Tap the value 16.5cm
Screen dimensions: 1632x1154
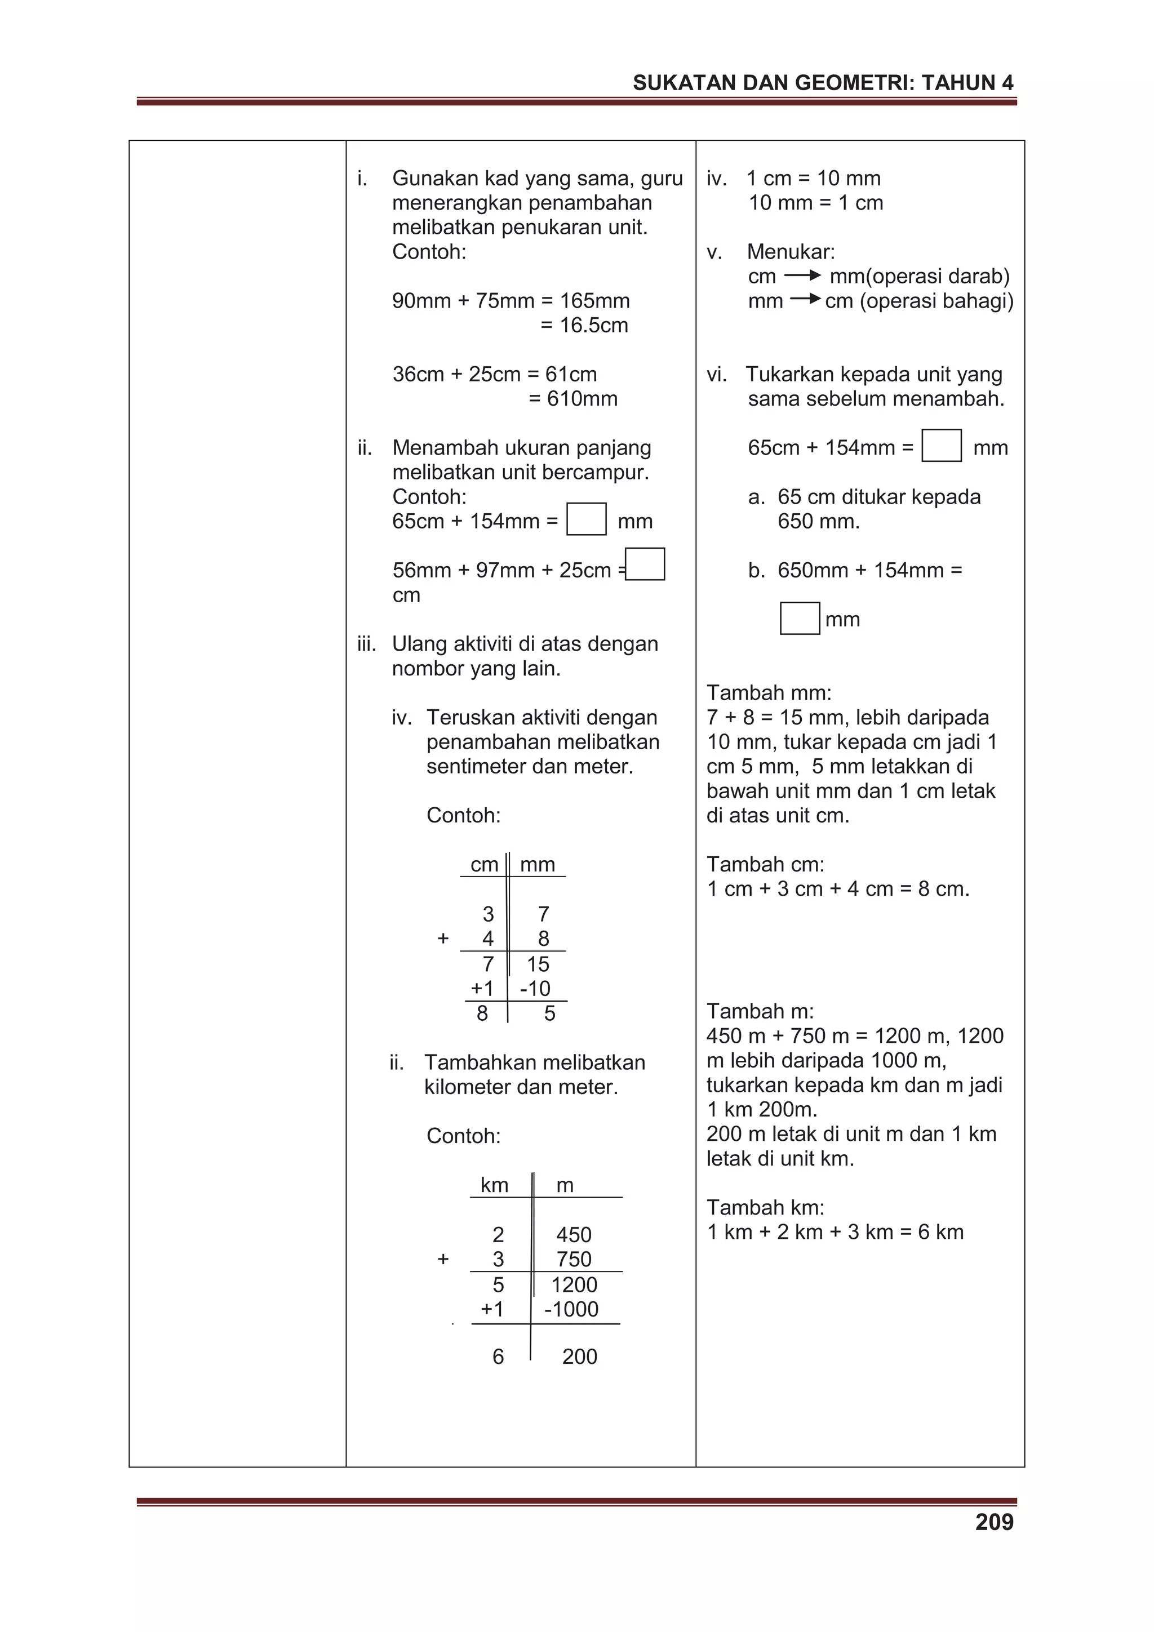(584, 326)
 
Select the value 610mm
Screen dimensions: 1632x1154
(573, 399)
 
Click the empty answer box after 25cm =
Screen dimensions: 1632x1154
(645, 564)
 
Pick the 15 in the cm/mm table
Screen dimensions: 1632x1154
(538, 964)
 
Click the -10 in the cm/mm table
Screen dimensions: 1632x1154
(535, 989)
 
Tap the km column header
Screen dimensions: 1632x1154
(494, 1185)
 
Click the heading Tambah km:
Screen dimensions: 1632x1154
(765, 1207)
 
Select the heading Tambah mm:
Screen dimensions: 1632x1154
(769, 692)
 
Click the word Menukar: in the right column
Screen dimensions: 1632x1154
(791, 252)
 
